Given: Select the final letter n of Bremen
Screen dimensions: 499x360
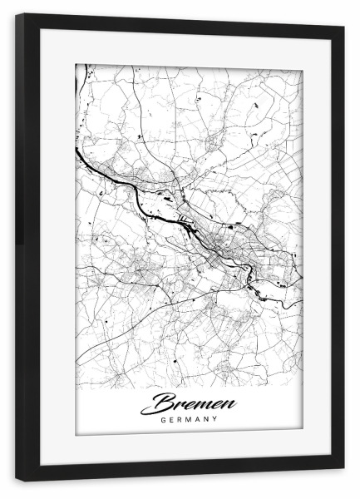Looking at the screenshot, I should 229,404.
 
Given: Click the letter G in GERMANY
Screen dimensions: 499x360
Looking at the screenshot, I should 164,419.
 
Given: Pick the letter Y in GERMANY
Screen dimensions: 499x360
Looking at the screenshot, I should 215,419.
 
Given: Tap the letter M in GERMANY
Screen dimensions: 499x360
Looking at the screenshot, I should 190,419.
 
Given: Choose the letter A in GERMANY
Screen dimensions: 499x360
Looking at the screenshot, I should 198,419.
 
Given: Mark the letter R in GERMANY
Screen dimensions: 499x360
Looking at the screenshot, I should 180,419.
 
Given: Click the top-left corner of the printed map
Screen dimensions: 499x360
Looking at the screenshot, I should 76,63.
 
